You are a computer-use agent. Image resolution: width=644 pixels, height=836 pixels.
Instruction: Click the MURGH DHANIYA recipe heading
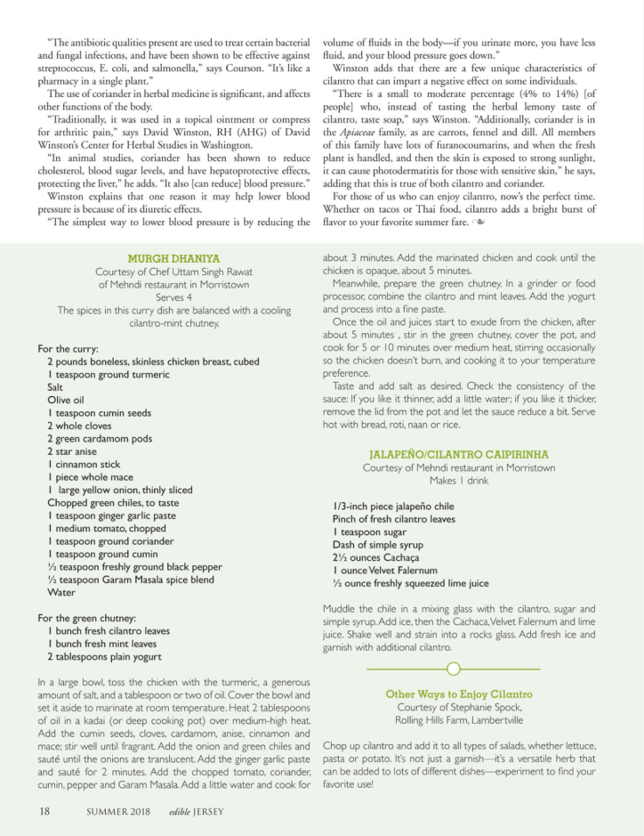click(173, 258)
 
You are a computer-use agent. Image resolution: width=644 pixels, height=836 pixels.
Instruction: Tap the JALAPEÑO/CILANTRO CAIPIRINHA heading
click(459, 454)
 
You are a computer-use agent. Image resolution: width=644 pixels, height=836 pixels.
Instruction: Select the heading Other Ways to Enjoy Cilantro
click(459, 694)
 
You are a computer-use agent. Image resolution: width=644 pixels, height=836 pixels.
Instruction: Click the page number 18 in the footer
click(44, 811)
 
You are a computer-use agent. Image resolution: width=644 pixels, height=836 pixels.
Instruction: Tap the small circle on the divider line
click(453, 669)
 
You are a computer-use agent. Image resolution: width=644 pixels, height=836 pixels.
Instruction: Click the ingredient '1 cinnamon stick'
click(84, 465)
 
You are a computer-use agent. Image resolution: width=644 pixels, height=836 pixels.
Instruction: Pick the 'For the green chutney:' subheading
click(86, 618)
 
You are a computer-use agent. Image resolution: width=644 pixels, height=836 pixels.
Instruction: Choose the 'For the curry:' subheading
click(68, 349)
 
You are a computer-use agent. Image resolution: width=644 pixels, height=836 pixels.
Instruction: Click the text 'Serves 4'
click(173, 297)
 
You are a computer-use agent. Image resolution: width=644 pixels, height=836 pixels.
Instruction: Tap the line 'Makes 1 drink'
click(459, 481)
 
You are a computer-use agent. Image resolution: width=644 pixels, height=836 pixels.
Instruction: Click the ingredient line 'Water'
click(61, 592)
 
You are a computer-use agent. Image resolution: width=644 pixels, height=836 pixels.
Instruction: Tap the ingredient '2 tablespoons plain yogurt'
click(105, 656)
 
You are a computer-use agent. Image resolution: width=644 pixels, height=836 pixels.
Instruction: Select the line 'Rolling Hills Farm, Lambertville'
click(459, 720)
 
